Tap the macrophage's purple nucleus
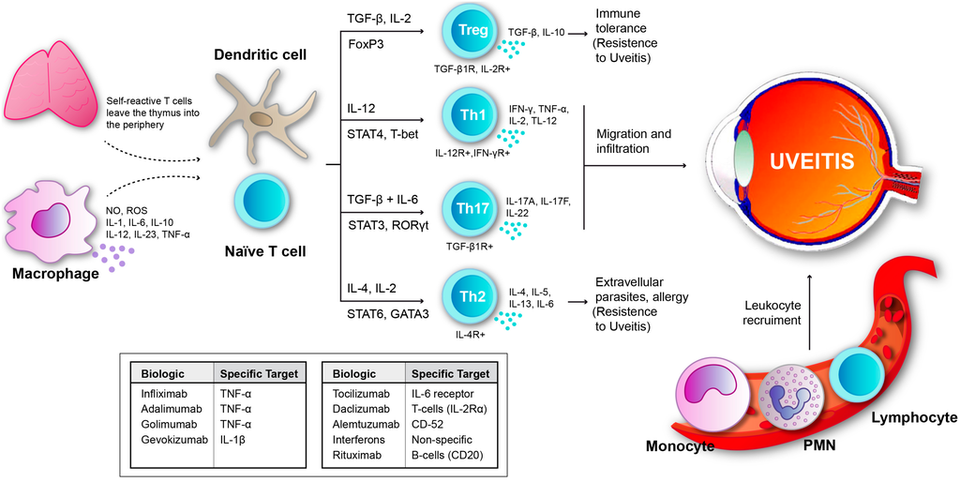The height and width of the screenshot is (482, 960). (x=51, y=221)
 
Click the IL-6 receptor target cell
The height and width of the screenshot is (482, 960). (x=442, y=395)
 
